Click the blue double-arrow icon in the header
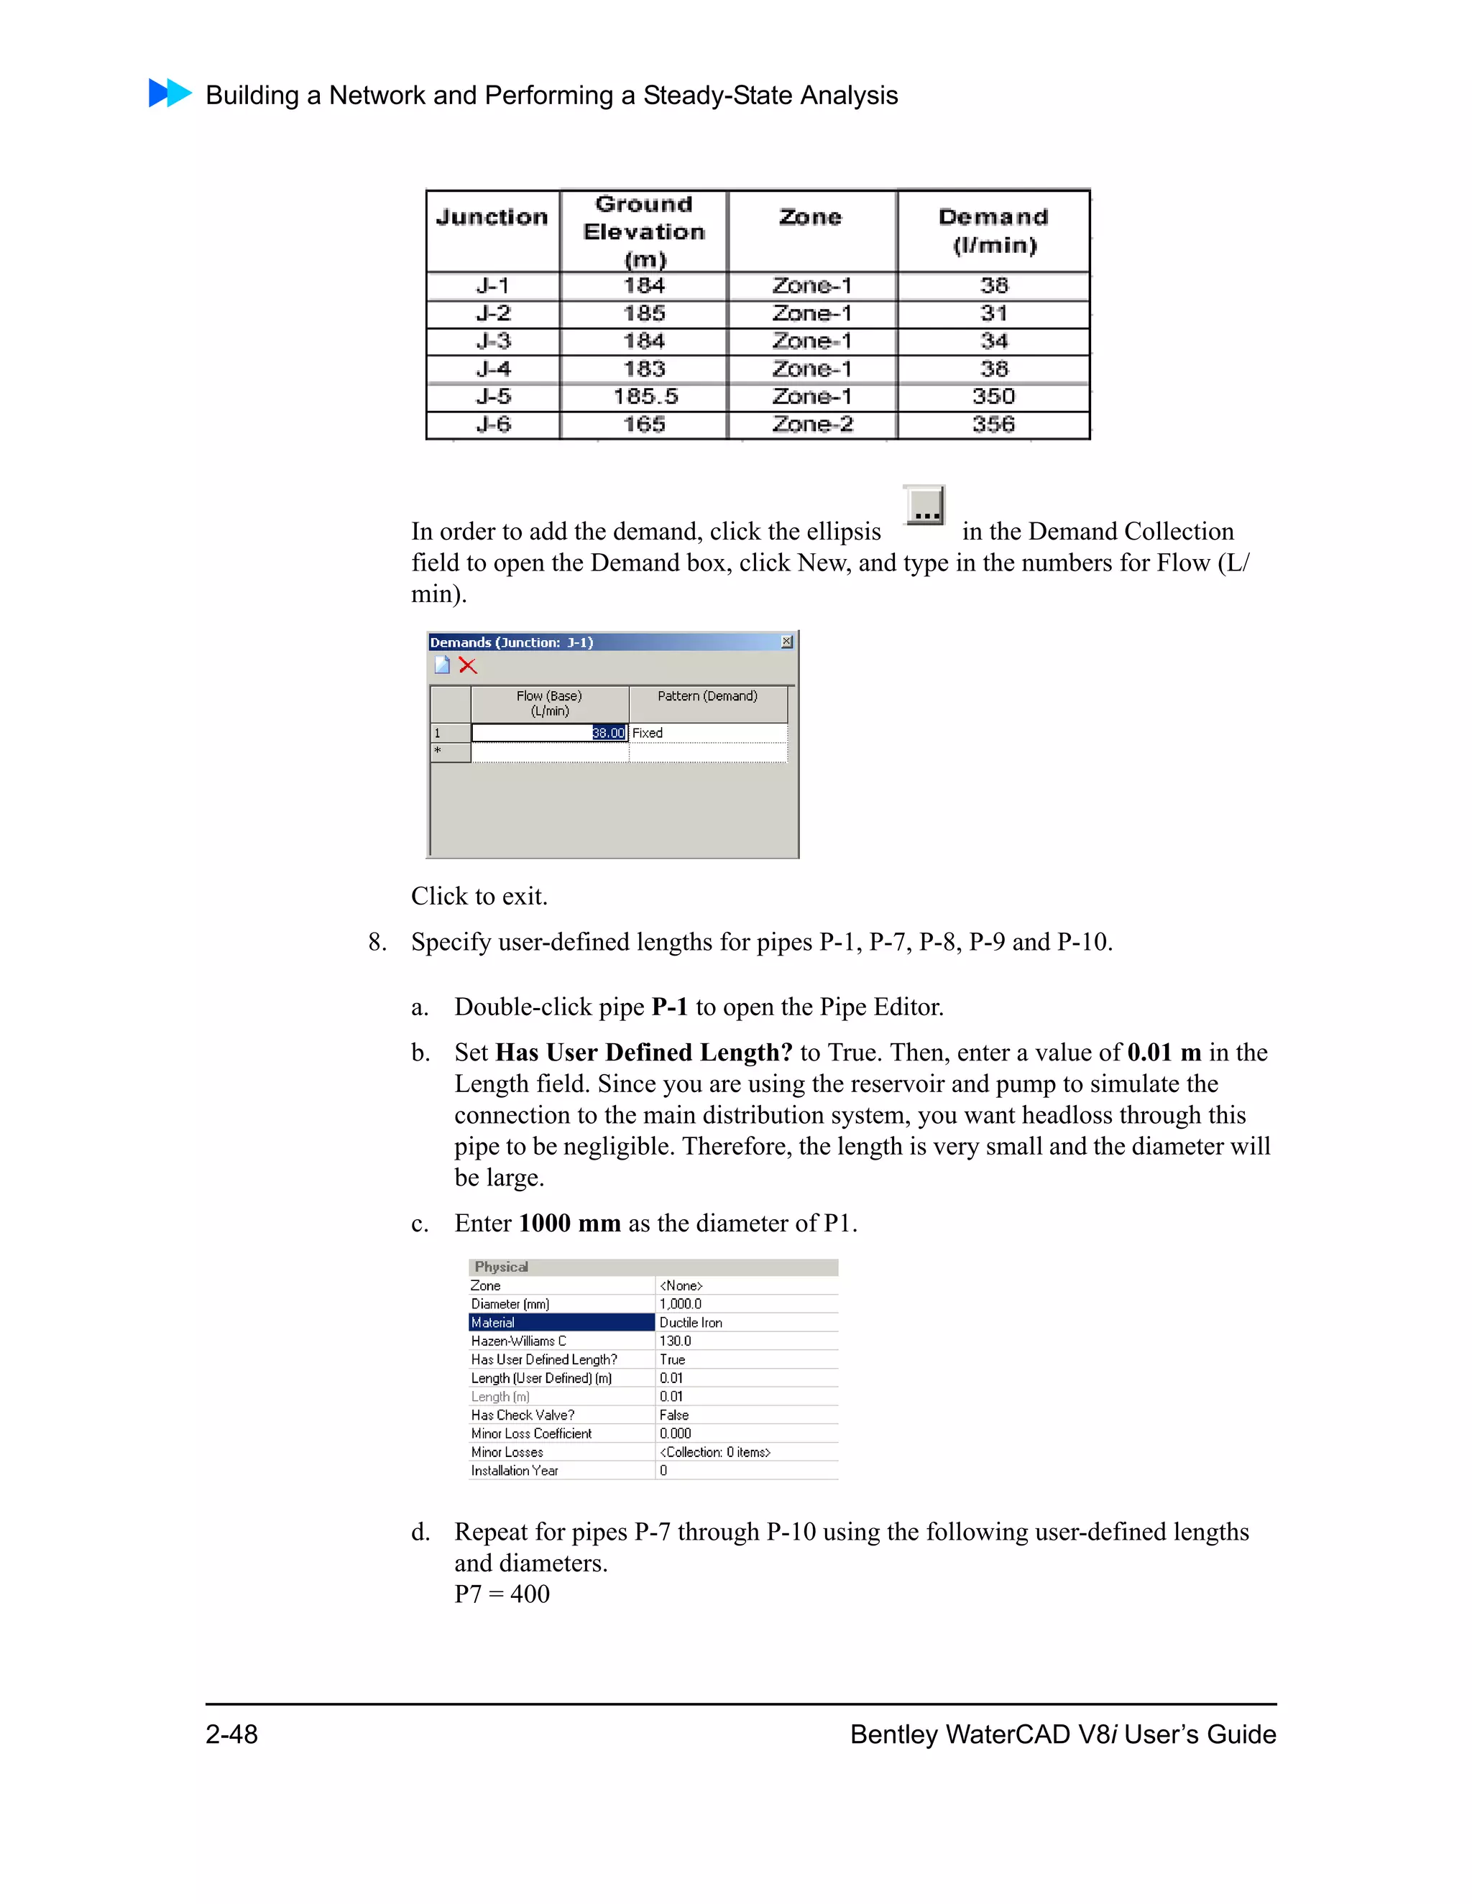(x=170, y=93)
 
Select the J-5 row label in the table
(x=492, y=397)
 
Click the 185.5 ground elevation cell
(x=645, y=397)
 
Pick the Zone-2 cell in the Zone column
(x=812, y=425)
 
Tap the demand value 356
(x=993, y=425)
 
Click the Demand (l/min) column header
(x=993, y=230)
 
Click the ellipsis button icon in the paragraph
(x=924, y=506)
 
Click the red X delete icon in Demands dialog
(x=469, y=666)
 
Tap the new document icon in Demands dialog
(x=442, y=666)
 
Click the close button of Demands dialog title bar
(x=786, y=642)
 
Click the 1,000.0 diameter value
(x=680, y=1304)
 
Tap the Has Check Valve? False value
(x=674, y=1415)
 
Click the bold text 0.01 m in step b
(x=1164, y=1053)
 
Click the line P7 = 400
(x=502, y=1594)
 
